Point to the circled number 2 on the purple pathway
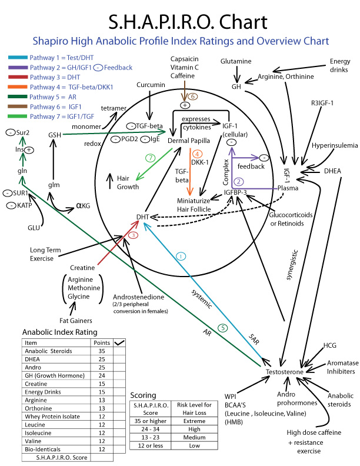point(239,181)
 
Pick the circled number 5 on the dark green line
point(222,328)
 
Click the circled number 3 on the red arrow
point(134,235)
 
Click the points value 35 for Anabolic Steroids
point(101,351)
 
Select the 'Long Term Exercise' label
point(46,254)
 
